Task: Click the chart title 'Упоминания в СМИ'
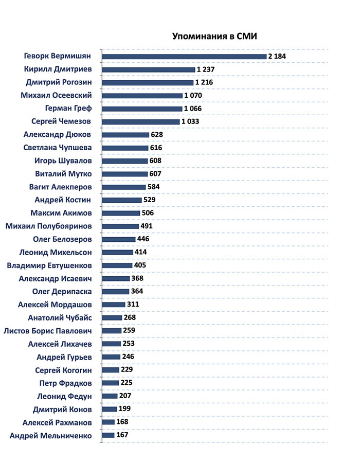pos(213,37)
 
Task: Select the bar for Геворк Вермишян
pos(184,56)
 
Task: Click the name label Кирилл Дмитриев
pos(58,69)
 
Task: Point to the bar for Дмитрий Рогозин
pos(148,82)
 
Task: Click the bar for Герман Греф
pos(142,109)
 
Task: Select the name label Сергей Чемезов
pos(57,121)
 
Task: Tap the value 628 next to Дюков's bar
pos(157,135)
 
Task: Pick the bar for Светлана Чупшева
pos(125,148)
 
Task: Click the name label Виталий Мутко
pos(63,174)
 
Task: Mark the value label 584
pos(154,187)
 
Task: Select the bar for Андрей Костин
pos(122,200)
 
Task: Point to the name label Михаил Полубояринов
pos(49,226)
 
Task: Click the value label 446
pos(143,239)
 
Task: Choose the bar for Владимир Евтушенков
pos(117,265)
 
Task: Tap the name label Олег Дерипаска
pos(62,292)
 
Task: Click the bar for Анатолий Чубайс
pos(112,317)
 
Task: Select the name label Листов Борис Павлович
pos(47,331)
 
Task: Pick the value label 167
pos(122,435)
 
